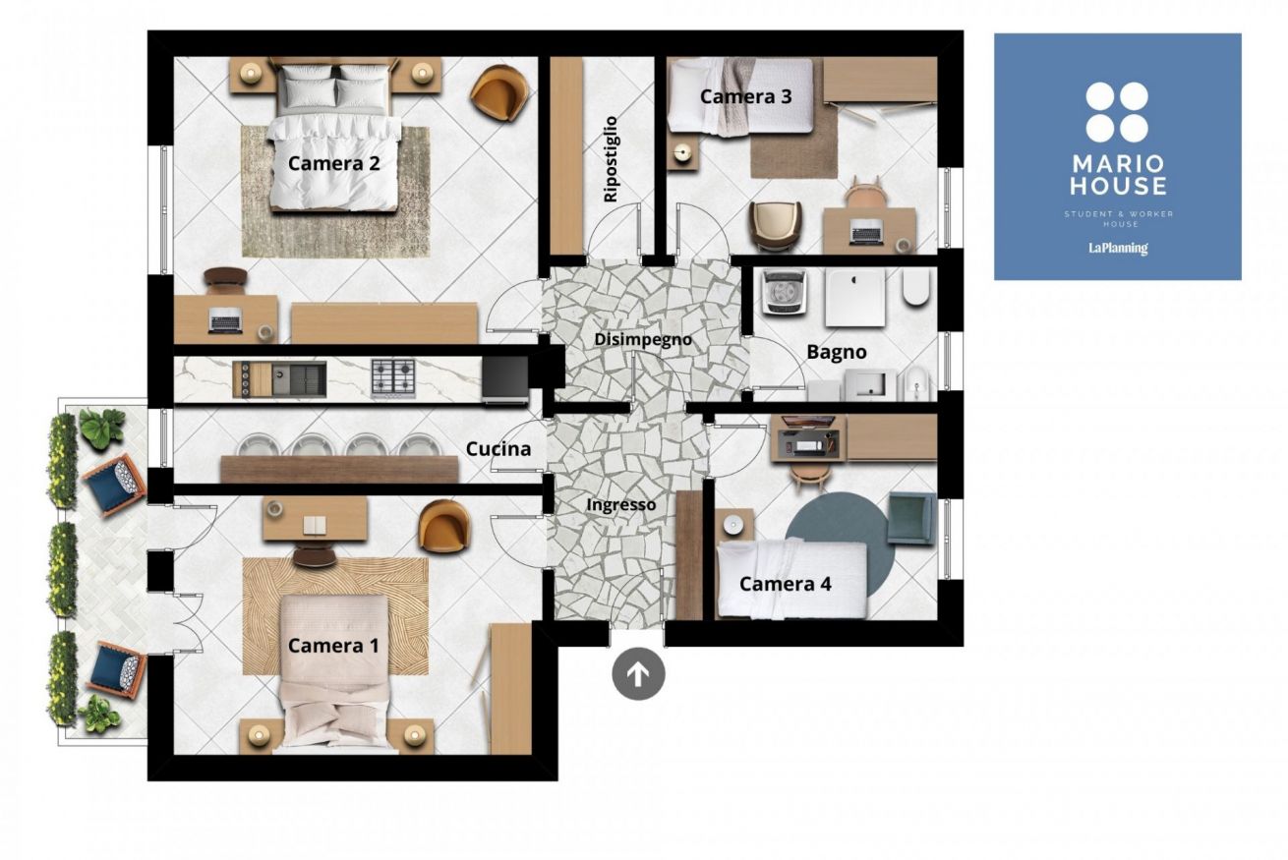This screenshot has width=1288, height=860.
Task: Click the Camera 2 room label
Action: (x=333, y=163)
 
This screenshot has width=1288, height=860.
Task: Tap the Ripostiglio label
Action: (x=610, y=159)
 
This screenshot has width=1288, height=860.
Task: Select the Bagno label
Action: (x=836, y=352)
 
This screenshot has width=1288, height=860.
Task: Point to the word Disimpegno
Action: (x=642, y=340)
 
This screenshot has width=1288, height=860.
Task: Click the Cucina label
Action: (x=498, y=448)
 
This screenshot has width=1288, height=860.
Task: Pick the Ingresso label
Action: (x=621, y=505)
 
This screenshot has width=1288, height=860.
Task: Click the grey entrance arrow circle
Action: (x=638, y=673)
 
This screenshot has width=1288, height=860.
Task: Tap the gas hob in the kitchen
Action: (x=393, y=377)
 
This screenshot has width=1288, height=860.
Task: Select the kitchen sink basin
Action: (x=298, y=379)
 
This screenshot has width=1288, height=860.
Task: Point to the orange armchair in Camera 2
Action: (x=498, y=93)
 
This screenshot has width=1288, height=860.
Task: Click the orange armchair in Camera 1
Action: (x=444, y=526)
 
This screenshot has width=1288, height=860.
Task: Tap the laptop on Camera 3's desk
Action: (x=866, y=233)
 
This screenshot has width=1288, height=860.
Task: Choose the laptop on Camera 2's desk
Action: (x=226, y=320)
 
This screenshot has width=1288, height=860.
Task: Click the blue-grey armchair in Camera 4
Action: (x=911, y=517)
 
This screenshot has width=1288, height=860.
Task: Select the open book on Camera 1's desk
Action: (x=315, y=524)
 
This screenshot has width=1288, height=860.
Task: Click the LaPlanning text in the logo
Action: (x=1118, y=249)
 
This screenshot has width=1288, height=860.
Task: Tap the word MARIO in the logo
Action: (x=1118, y=164)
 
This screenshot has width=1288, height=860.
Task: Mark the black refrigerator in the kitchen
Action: (x=504, y=378)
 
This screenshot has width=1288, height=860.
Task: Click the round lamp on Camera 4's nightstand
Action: (x=732, y=524)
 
